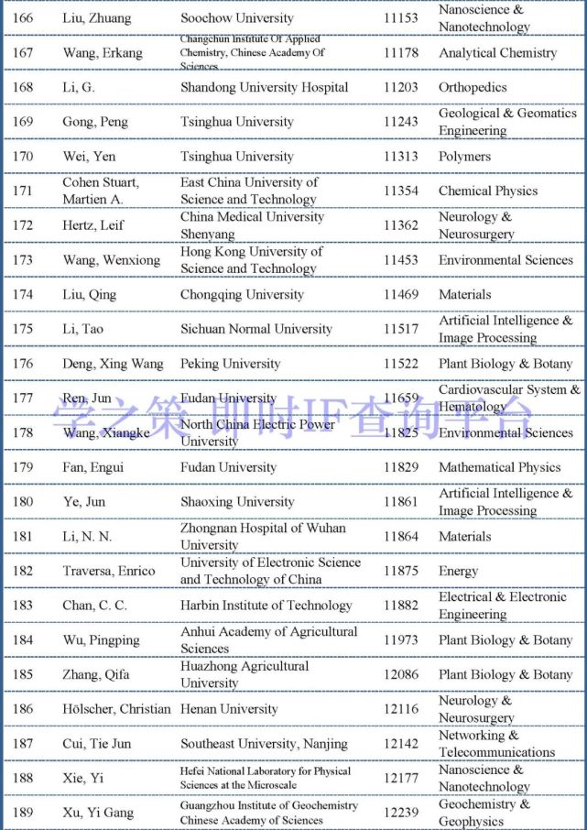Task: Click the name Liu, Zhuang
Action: tap(96, 18)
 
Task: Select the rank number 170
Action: tap(23, 157)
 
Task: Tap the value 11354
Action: tap(400, 191)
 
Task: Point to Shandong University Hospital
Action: tap(264, 88)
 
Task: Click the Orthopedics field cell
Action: tap(473, 88)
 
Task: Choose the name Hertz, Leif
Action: tap(93, 225)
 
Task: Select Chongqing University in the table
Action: tap(242, 295)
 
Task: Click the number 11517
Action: tap(400, 329)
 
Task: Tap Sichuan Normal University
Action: tap(256, 329)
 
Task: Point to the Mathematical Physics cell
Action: tap(499, 467)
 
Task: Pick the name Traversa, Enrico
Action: tap(109, 571)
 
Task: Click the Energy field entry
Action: tap(458, 571)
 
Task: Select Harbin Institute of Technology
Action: tap(266, 606)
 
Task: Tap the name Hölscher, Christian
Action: tap(116, 709)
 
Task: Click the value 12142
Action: tap(400, 744)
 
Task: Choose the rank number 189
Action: tap(23, 813)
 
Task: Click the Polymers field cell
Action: tap(464, 157)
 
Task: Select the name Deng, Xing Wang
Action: tap(112, 364)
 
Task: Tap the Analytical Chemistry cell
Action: tap(497, 53)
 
